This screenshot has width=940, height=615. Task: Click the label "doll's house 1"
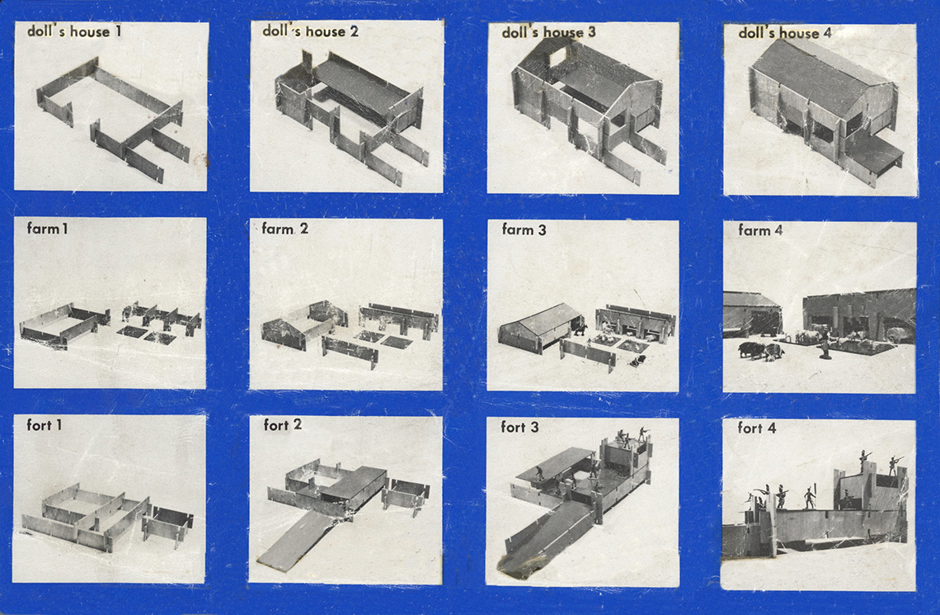tap(74, 31)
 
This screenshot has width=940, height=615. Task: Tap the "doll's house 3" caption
tap(548, 32)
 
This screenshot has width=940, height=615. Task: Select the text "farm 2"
tap(284, 229)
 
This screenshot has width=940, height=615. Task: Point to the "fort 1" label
tap(44, 425)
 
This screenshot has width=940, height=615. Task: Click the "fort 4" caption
tap(757, 428)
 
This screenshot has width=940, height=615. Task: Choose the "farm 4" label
tap(760, 229)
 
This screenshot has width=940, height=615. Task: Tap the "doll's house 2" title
tap(311, 31)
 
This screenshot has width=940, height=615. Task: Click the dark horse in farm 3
tap(580, 329)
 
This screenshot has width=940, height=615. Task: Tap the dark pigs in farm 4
tap(757, 350)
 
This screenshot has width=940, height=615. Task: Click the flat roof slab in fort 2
tap(355, 483)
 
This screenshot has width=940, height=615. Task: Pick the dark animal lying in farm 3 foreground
tap(637, 361)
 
